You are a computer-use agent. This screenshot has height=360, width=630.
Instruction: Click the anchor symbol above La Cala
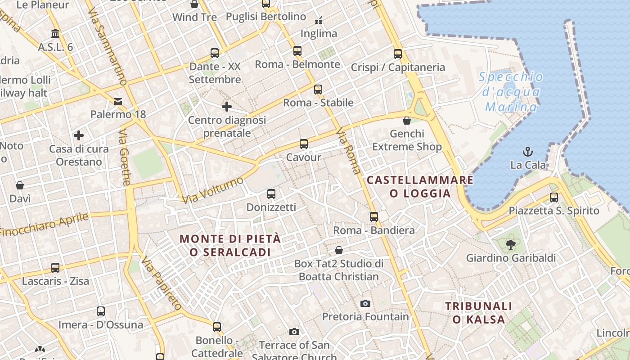527,151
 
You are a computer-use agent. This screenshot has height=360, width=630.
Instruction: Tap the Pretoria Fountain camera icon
365,303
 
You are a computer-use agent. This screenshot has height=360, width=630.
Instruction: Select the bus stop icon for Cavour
304,144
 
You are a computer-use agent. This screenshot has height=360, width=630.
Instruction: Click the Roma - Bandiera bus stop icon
373,217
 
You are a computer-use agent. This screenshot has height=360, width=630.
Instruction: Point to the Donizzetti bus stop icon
271,194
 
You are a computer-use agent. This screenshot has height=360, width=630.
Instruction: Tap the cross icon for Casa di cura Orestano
79,135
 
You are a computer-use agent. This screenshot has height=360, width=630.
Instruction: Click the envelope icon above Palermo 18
118,101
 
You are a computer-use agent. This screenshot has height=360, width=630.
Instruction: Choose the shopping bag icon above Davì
20,185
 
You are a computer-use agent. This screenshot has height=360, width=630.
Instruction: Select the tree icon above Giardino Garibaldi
510,245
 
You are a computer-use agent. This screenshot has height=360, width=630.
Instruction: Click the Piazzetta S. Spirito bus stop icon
553,198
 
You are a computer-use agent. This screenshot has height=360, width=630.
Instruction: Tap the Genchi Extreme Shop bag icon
407,121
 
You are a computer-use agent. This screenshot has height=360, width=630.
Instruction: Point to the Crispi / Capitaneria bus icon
398,54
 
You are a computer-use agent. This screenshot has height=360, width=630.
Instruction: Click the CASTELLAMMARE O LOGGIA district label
420,187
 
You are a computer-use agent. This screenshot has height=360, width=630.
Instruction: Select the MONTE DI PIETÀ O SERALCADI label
230,245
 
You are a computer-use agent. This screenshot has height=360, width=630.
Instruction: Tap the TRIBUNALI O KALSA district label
479,313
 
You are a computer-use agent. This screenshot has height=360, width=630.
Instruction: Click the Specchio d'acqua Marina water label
511,92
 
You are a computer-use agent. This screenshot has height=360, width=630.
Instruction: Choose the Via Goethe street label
125,157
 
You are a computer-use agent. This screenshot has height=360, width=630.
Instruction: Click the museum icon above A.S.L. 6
55,34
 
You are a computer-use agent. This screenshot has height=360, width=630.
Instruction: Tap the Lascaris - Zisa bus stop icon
55,268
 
